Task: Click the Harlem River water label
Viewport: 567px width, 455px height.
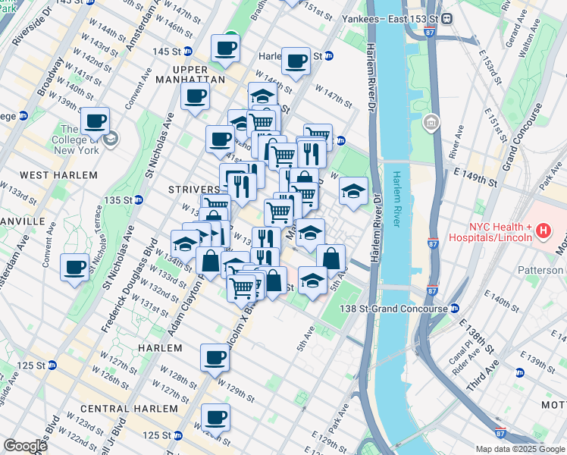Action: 397,199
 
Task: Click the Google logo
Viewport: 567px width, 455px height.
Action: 25,446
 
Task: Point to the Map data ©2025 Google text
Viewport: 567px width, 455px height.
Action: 519,449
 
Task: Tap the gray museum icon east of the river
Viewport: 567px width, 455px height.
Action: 431,121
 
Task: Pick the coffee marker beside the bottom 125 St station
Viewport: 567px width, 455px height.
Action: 215,417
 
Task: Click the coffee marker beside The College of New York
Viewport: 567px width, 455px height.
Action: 96,121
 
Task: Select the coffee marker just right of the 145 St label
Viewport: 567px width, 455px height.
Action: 225,49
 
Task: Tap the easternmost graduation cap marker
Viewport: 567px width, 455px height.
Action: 353,191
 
